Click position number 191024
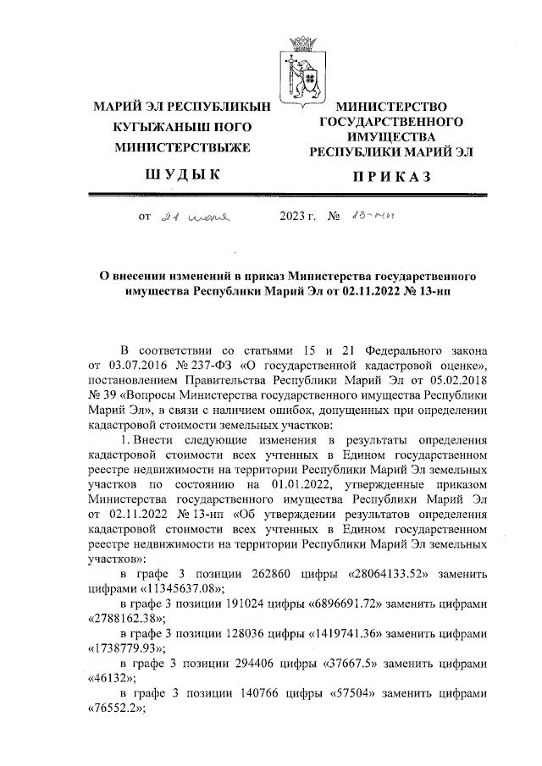pos(259,607)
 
